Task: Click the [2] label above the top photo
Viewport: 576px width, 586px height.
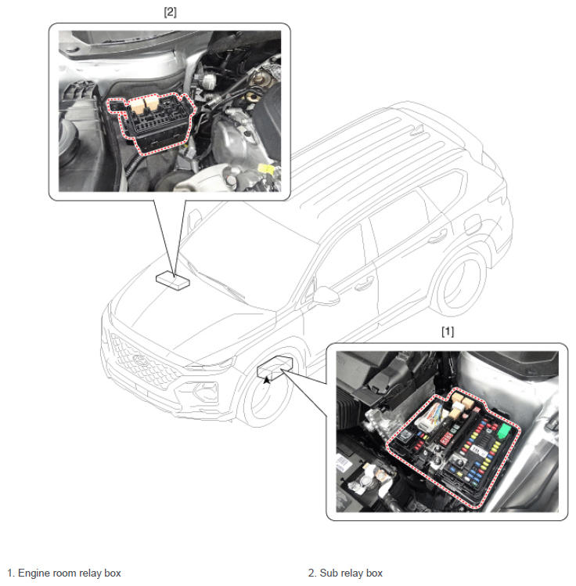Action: (171, 12)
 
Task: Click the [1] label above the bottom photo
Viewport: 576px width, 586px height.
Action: (448, 331)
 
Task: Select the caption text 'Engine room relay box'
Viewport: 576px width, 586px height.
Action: (70, 573)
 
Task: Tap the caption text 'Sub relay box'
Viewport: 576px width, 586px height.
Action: (351, 573)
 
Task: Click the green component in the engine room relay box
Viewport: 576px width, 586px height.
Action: (504, 431)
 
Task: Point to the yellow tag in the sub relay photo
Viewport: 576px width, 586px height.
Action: (267, 169)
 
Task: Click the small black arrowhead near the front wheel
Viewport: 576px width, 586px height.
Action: (266, 380)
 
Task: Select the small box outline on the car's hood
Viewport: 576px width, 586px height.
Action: (172, 280)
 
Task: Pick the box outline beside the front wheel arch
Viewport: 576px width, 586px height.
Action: (275, 367)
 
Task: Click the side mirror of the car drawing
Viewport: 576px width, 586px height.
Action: (326, 295)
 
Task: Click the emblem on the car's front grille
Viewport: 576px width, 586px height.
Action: (139, 359)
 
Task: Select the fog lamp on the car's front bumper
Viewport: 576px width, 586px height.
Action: (205, 391)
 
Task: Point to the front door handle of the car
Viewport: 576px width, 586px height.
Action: (364, 285)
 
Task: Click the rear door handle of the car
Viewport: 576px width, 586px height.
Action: (437, 236)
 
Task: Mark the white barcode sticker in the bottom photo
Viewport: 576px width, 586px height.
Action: (479, 450)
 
